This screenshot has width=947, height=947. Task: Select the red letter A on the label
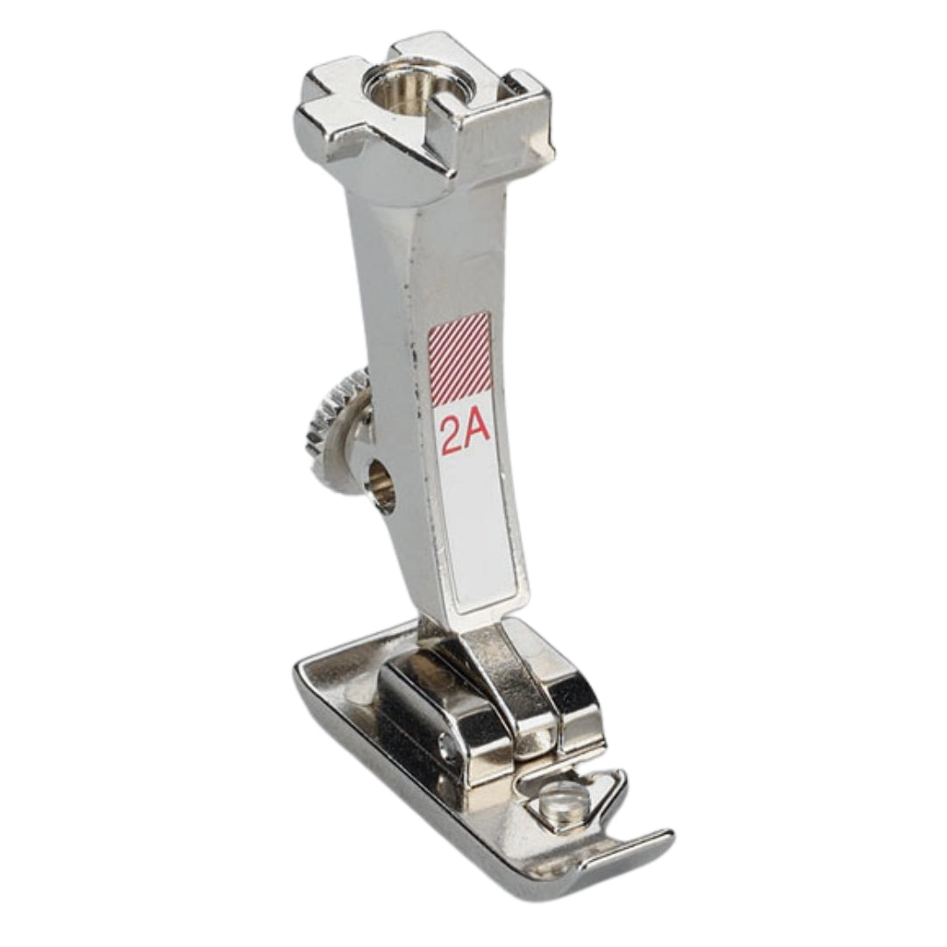tap(477, 434)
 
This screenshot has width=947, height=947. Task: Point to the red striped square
tap(459, 358)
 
